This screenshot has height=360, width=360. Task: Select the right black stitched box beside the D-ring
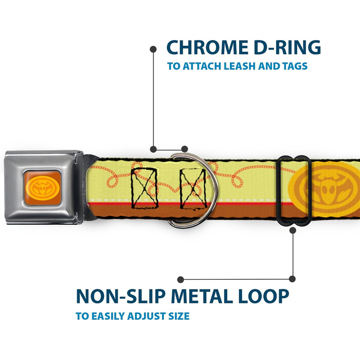pyautogui.click(x=192, y=188)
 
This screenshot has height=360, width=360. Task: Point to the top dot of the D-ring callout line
pyautogui.click(x=153, y=49)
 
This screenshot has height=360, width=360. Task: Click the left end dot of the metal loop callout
pyautogui.click(x=181, y=279)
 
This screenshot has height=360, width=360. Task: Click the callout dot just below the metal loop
pyautogui.click(x=293, y=230)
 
